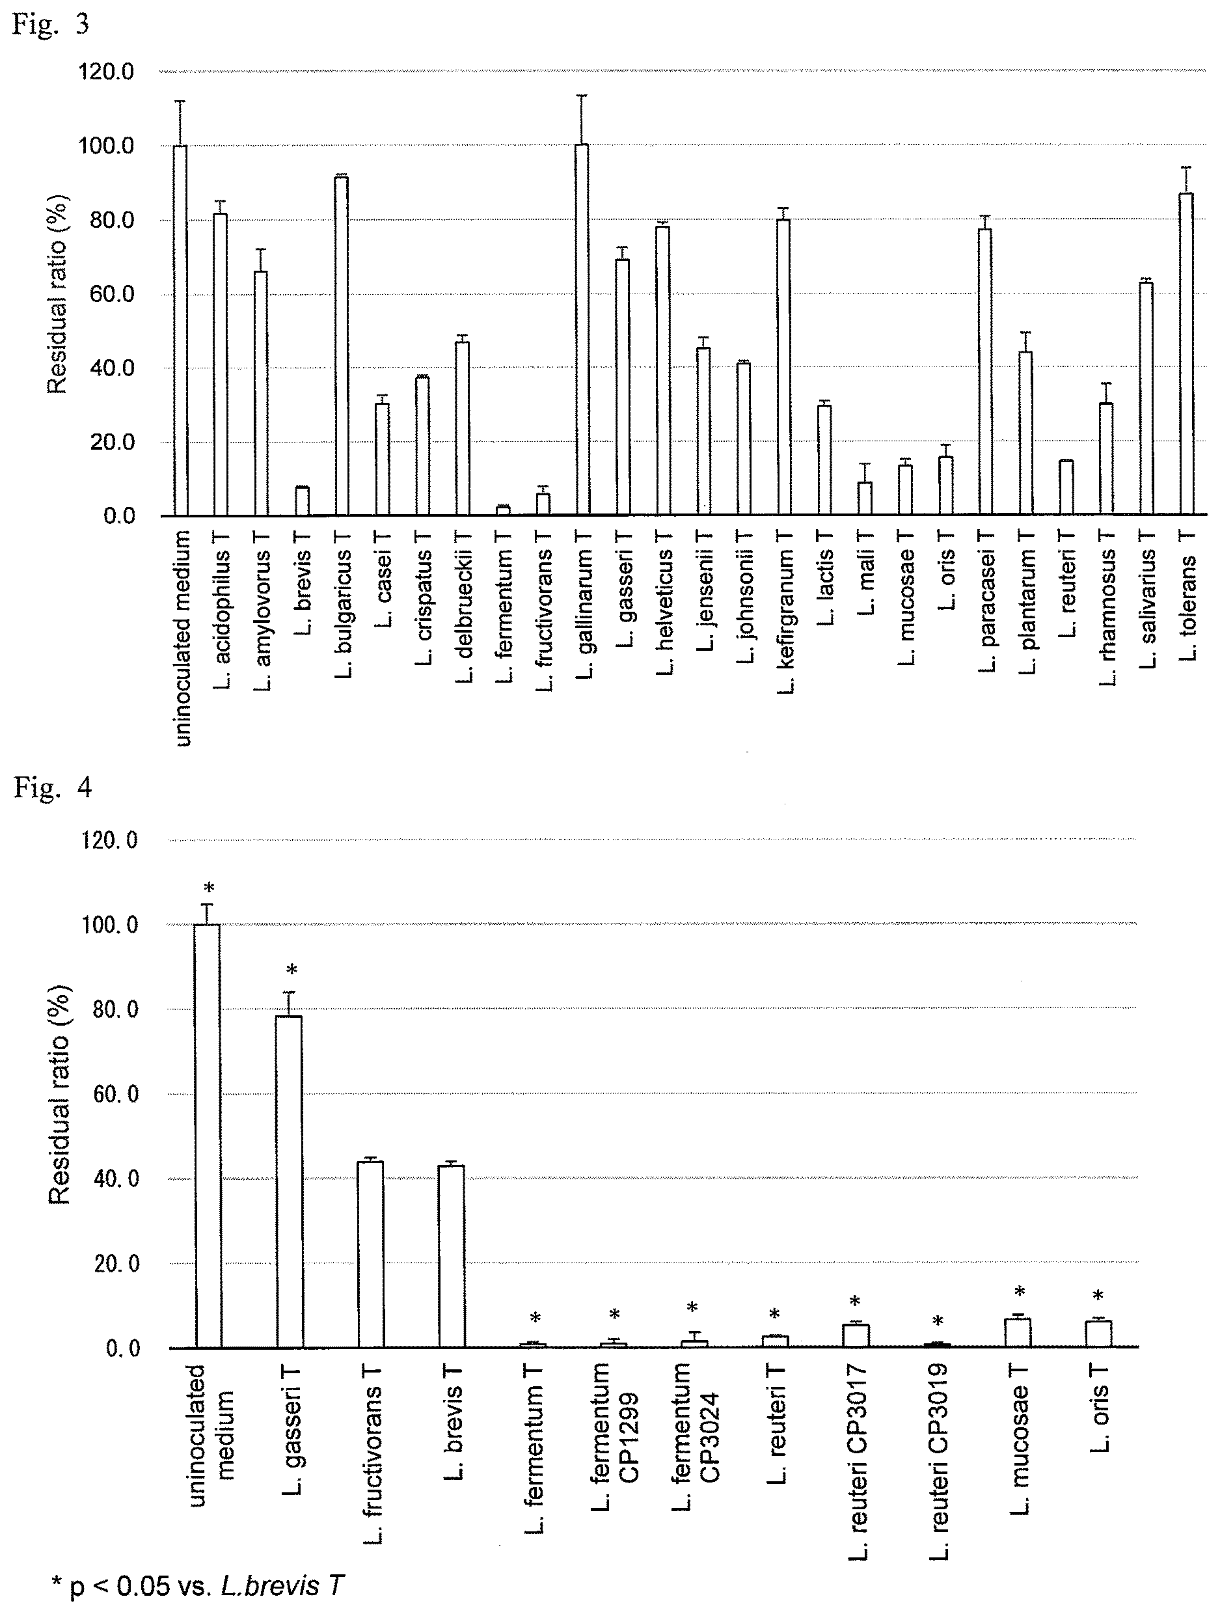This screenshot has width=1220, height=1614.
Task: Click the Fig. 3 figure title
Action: [x=51, y=24]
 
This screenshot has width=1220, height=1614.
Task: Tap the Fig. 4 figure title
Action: [x=53, y=789]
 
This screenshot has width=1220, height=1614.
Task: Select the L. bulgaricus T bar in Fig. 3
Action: [x=341, y=346]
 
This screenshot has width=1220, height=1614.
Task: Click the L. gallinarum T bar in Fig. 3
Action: [x=582, y=330]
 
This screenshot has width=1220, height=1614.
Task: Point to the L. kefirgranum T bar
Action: [x=783, y=367]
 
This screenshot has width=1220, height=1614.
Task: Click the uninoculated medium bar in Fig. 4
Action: [x=207, y=1136]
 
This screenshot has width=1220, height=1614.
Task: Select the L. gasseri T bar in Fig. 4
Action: [x=289, y=1181]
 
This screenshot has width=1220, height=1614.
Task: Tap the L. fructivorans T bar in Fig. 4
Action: [x=370, y=1253]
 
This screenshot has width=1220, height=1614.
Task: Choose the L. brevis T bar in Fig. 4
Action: [x=451, y=1256]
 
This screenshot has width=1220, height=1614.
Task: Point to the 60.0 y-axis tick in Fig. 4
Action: [x=116, y=1095]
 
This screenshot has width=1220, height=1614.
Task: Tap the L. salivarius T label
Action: [x=1148, y=609]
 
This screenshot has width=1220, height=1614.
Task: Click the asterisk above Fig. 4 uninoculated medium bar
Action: [x=210, y=888]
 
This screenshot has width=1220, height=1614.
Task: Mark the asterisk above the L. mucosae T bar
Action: [x=1020, y=1291]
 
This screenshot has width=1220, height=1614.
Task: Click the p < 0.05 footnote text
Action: [x=197, y=1585]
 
